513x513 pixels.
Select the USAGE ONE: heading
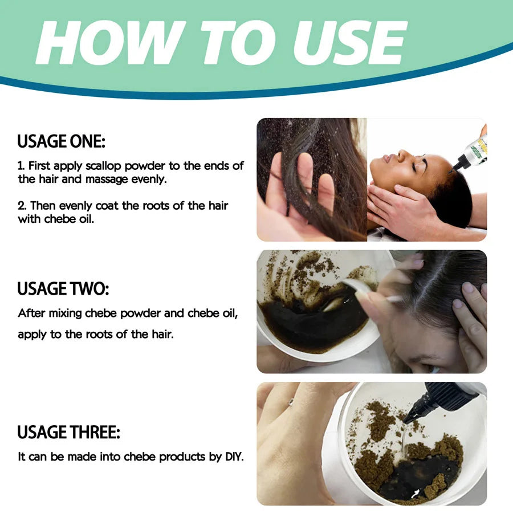pos(61,141)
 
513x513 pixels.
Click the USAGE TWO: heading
pos(63,289)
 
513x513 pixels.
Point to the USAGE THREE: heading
pos(68,433)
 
